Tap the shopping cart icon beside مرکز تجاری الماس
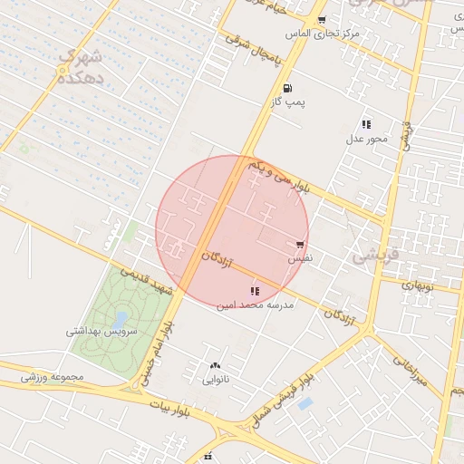pos(322,19)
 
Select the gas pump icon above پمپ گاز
pos(287,89)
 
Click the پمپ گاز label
pos(287,103)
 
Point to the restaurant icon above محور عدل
pos(366,124)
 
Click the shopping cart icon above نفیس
pos(299,244)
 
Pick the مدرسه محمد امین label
pos(255,306)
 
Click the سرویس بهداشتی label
pos(101,332)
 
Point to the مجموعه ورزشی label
pos(54,376)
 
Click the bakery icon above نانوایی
pos(215,365)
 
